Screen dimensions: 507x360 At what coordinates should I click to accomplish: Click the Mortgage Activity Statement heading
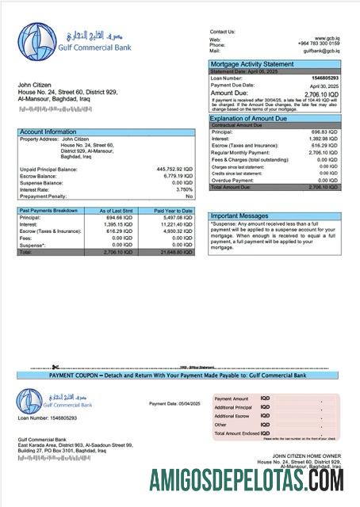coord(251,64)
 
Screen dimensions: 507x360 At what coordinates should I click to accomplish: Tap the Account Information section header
coord(48,132)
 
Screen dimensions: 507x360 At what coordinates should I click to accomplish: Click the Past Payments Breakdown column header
coord(48,211)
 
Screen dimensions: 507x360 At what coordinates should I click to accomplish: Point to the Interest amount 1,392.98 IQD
coord(324,138)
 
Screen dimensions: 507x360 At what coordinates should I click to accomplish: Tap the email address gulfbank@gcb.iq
coord(322,51)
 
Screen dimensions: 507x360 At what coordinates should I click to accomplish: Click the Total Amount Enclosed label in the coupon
coord(237,433)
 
